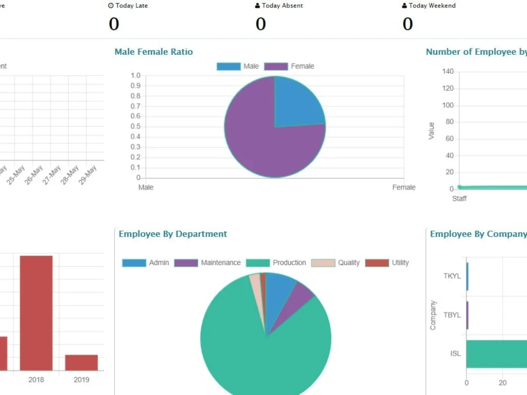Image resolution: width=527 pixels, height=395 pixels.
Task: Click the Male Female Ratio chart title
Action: [153, 52]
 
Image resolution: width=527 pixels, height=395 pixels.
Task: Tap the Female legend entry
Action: [289, 66]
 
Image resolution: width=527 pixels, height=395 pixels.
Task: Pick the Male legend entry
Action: [238, 66]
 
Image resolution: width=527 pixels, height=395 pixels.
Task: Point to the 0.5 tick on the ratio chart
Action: [135, 126]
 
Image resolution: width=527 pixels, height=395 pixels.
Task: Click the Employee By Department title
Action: [173, 234]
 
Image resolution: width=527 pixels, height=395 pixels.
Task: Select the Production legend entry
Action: [276, 263]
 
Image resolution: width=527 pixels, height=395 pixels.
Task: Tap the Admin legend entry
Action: [146, 263]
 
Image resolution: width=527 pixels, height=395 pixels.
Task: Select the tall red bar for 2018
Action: [36, 313]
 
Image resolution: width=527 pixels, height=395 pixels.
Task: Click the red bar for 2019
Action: [81, 362]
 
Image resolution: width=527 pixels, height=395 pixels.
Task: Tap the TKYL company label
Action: [452, 276]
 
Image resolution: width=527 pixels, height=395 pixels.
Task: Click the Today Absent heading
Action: [279, 6]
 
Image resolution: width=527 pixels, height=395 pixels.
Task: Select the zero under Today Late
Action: [114, 24]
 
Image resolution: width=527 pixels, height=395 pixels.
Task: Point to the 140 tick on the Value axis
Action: [447, 72]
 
